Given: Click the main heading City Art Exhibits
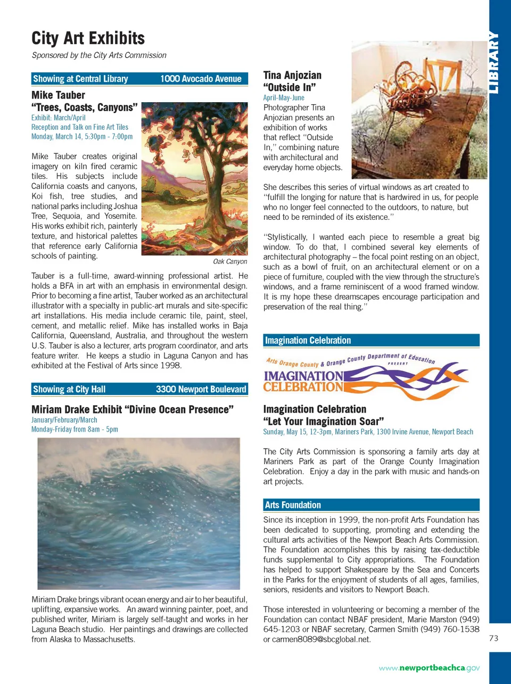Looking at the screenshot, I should pyautogui.click(x=88, y=38).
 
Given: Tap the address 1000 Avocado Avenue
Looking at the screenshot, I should pyautogui.click(x=201, y=79).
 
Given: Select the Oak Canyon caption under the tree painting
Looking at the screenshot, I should pyautogui.click(x=230, y=261).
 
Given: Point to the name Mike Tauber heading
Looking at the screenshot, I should pyautogui.click(x=58, y=95).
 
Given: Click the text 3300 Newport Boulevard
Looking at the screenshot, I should pyautogui.click(x=201, y=389).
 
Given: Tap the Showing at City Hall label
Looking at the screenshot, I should pyautogui.click(x=69, y=389).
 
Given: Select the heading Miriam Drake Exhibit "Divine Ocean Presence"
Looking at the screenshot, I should pyautogui.click(x=132, y=409).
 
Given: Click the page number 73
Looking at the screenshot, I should pyautogui.click(x=493, y=638).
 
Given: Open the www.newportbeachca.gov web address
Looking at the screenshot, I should pyautogui.click(x=429, y=667).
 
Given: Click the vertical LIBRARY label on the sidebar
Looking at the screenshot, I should pyautogui.click(x=494, y=63).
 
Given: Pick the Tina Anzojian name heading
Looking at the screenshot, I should pyautogui.click(x=292, y=75).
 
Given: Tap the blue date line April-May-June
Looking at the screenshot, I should pyautogui.click(x=284, y=98).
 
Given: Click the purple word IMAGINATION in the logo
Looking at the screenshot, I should pyautogui.click(x=303, y=376).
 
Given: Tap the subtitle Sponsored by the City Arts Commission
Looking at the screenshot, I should pyautogui.click(x=99, y=55).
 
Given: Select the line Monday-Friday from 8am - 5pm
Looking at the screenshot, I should pyautogui.click(x=75, y=429).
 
